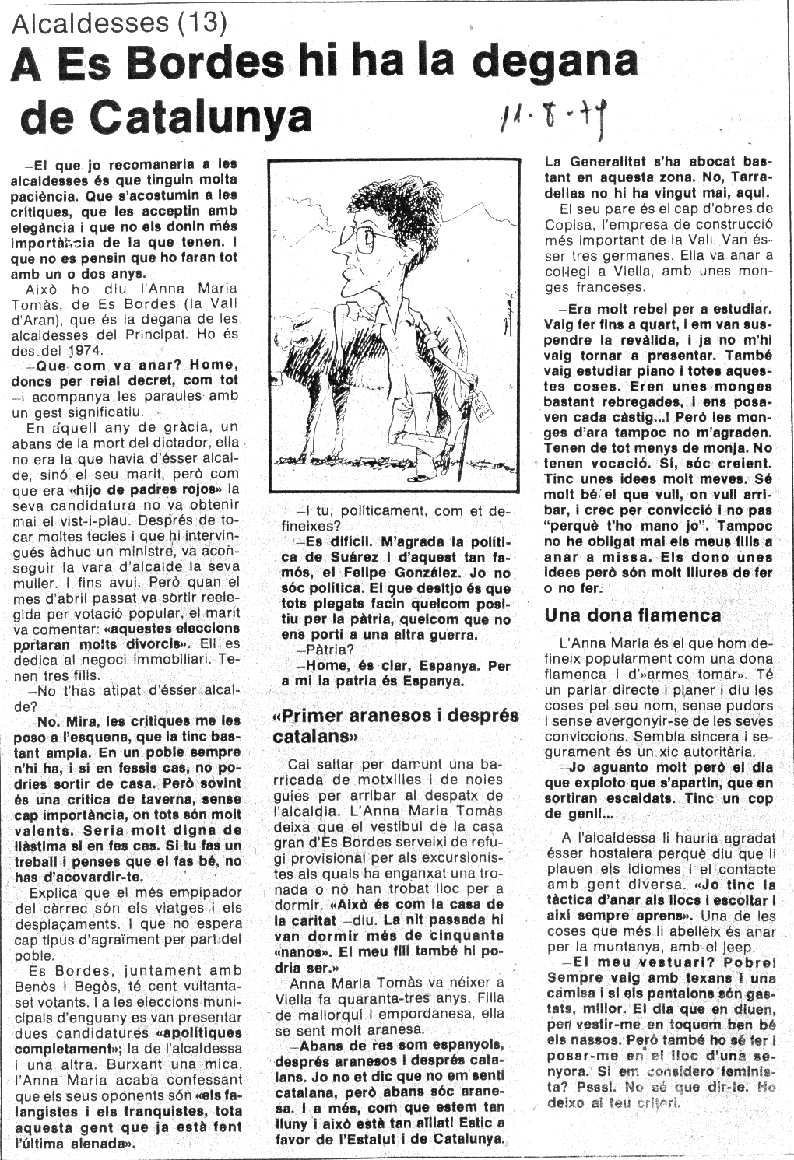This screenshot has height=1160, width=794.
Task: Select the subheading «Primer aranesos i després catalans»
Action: [x=395, y=724]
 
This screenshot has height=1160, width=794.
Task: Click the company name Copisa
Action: [x=571, y=225]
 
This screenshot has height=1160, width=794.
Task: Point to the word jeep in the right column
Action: [x=740, y=947]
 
